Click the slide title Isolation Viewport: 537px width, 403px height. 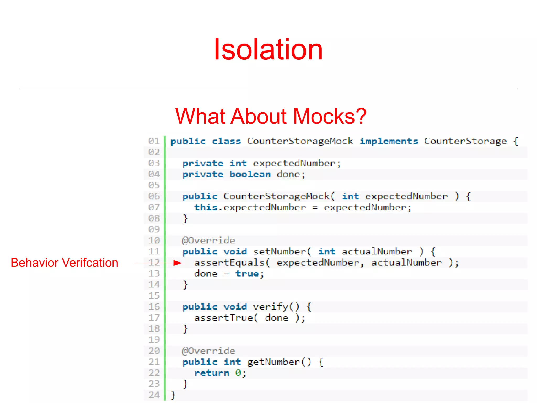coord(268,49)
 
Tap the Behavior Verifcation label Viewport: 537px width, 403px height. coord(65,263)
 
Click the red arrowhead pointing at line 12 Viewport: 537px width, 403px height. coord(178,263)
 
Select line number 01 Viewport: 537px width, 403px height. coord(154,141)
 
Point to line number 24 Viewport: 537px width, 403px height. coord(154,395)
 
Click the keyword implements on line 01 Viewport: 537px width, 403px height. coord(389,141)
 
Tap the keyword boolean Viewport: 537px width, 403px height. coord(250,174)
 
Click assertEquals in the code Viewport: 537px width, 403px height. coord(229,263)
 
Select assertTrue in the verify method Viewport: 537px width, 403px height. coord(223,318)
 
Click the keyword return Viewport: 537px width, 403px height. coord(212,373)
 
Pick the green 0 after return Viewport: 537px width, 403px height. coord(238,373)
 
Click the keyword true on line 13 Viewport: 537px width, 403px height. coord(247,274)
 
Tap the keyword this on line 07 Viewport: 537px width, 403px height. coord(206,207)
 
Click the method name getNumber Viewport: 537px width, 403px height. coord(273,362)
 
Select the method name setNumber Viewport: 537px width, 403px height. coord(279,252)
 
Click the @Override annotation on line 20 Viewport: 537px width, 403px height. coord(209,351)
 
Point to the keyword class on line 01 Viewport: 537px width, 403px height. coord(226,141)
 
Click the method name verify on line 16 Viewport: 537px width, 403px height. coord(270,307)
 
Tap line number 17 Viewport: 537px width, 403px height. coord(154,318)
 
